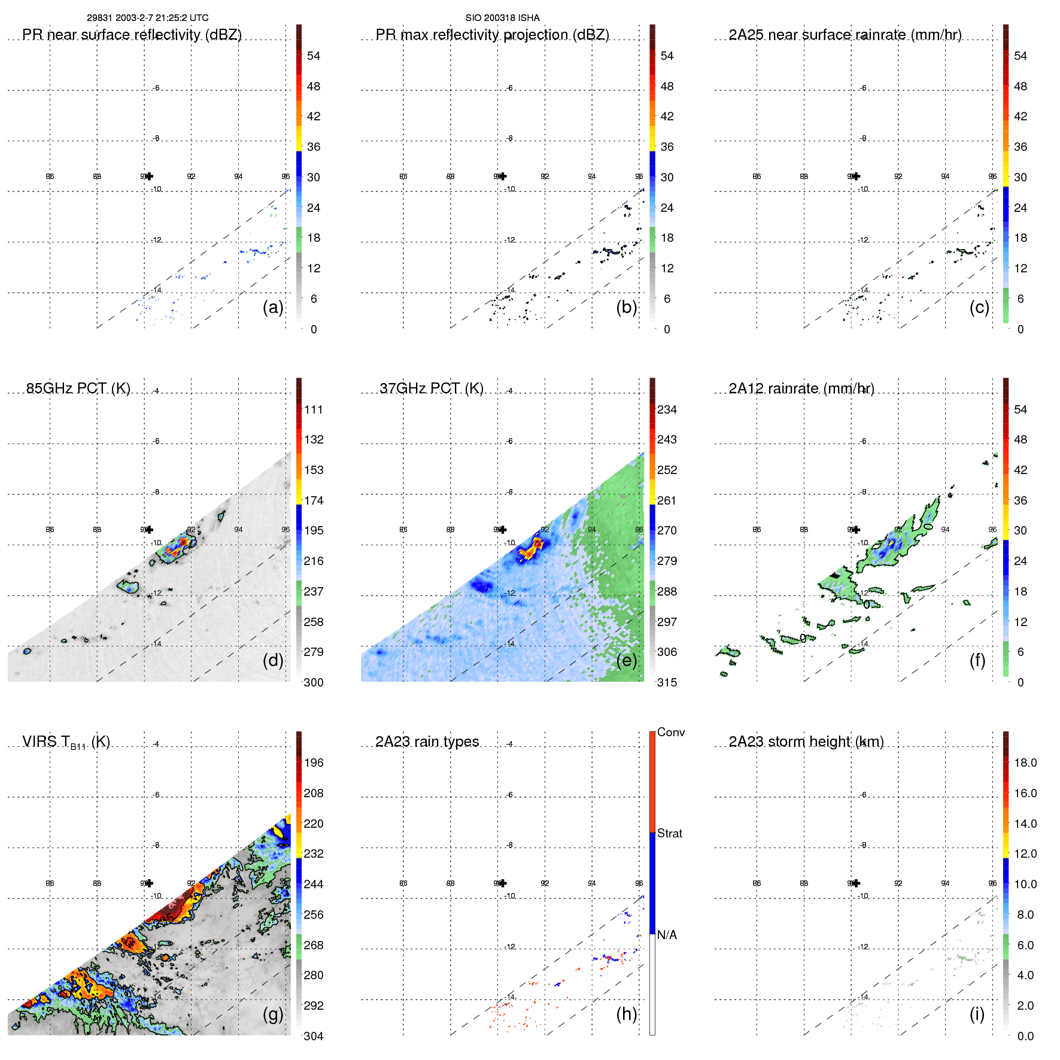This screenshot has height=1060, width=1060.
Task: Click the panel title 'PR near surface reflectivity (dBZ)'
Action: pyautogui.click(x=132, y=35)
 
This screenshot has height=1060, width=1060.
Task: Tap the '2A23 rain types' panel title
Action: pyautogui.click(x=427, y=742)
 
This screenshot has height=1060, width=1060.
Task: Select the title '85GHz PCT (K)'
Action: pyautogui.click(x=78, y=388)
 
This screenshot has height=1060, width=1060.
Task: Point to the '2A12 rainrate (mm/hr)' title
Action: pyautogui.click(x=801, y=388)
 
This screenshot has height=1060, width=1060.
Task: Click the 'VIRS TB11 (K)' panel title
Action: pyautogui.click(x=66, y=742)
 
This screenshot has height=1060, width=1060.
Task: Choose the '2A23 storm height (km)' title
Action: pyautogui.click(x=806, y=742)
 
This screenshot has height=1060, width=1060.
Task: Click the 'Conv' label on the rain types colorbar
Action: pyautogui.click(x=670, y=732)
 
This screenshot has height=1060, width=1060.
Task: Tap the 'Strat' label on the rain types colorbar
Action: pyautogui.click(x=669, y=833)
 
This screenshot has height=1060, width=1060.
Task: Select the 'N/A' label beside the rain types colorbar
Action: pyautogui.click(x=667, y=935)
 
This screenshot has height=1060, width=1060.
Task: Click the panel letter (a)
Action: pyautogui.click(x=273, y=307)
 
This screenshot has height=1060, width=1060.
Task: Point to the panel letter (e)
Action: pyautogui.click(x=626, y=660)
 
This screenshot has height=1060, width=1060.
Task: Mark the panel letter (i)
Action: pyautogui.click(x=977, y=1014)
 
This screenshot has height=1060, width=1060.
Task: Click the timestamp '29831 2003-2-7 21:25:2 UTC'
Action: pyautogui.click(x=147, y=18)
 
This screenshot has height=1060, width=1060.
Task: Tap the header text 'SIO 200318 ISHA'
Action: pyautogui.click(x=502, y=18)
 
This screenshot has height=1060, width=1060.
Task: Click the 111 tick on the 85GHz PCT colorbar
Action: pyautogui.click(x=313, y=409)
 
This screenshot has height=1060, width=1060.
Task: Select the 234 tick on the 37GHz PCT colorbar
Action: pyautogui.click(x=667, y=409)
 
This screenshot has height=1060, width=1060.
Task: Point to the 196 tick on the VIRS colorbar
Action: pyautogui.click(x=313, y=763)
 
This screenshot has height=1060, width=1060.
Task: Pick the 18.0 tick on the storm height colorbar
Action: pyautogui.click(x=1025, y=763)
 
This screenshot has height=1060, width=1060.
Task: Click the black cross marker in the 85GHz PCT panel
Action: pyautogui.click(x=149, y=530)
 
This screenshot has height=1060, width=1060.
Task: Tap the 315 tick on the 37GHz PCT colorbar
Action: pyautogui.click(x=667, y=682)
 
